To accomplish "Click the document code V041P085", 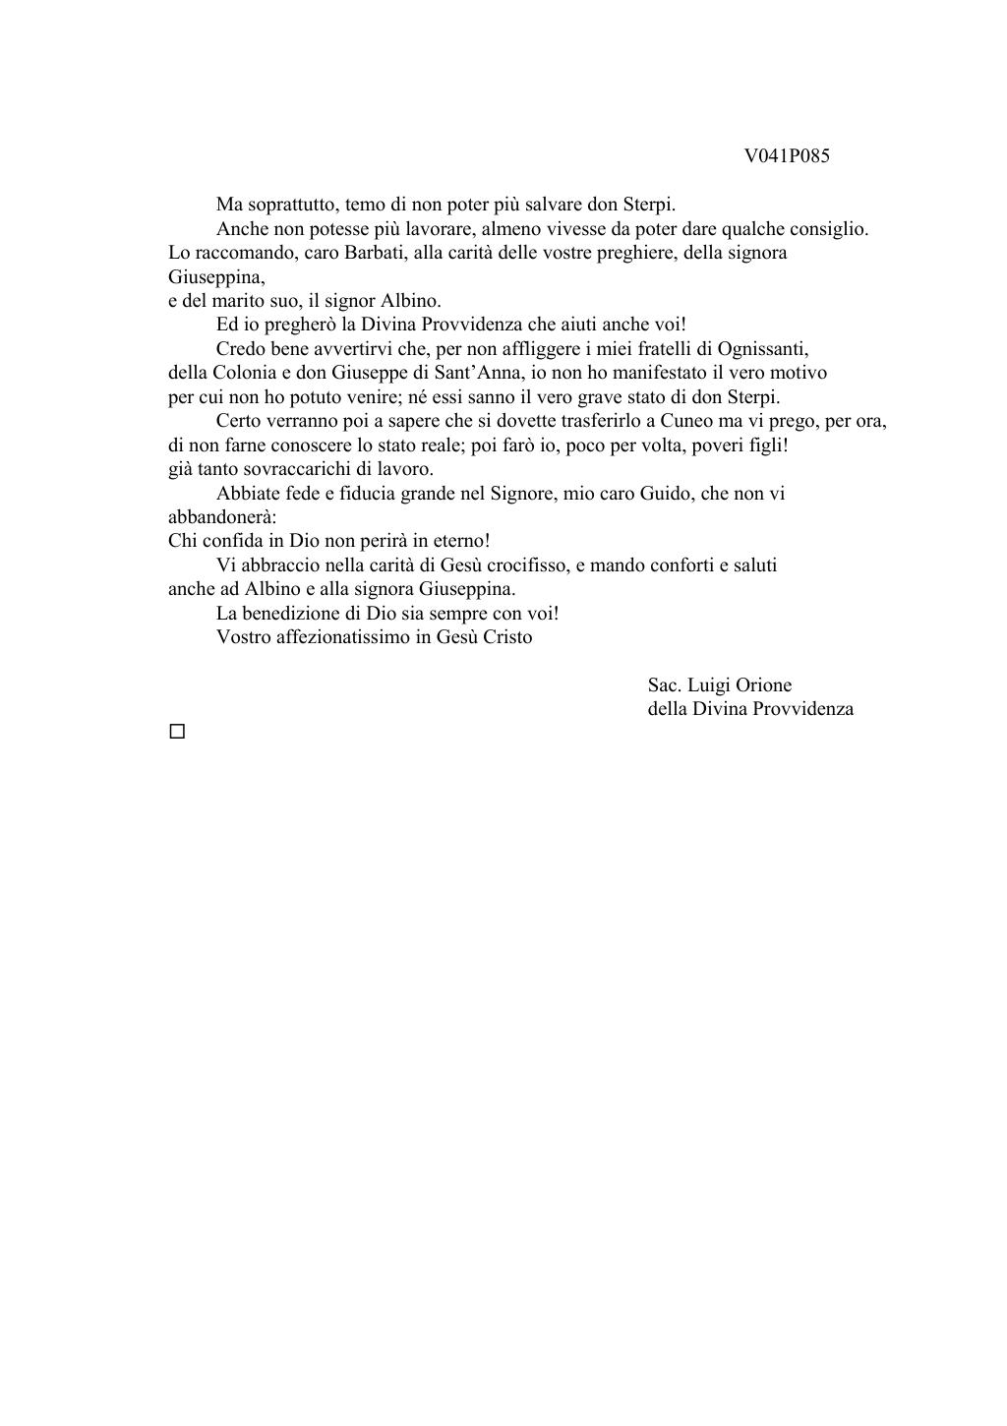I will (787, 156).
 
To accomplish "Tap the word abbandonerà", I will (222, 517).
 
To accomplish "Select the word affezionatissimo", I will (343, 637).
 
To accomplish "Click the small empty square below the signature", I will (177, 732).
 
